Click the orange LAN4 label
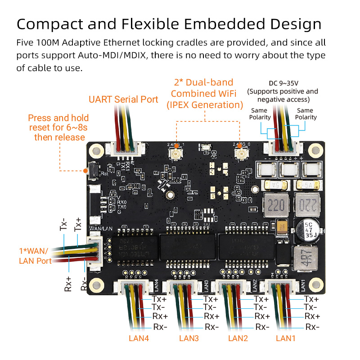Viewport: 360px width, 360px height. coord(139,338)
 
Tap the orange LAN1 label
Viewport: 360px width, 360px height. coord(286,338)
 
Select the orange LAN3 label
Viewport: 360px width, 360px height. coord(189,338)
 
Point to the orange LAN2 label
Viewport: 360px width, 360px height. coord(238,338)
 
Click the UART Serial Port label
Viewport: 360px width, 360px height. coord(123,99)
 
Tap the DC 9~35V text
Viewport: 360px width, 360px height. coord(283,83)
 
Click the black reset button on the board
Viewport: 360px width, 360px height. coord(93,171)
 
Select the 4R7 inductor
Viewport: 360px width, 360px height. coord(302,259)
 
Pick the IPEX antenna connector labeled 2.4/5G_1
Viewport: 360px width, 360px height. coord(175,155)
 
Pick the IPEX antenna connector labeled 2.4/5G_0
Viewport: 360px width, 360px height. coord(241,155)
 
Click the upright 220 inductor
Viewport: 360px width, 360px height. coord(275,206)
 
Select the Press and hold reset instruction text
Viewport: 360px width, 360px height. coord(58,127)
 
